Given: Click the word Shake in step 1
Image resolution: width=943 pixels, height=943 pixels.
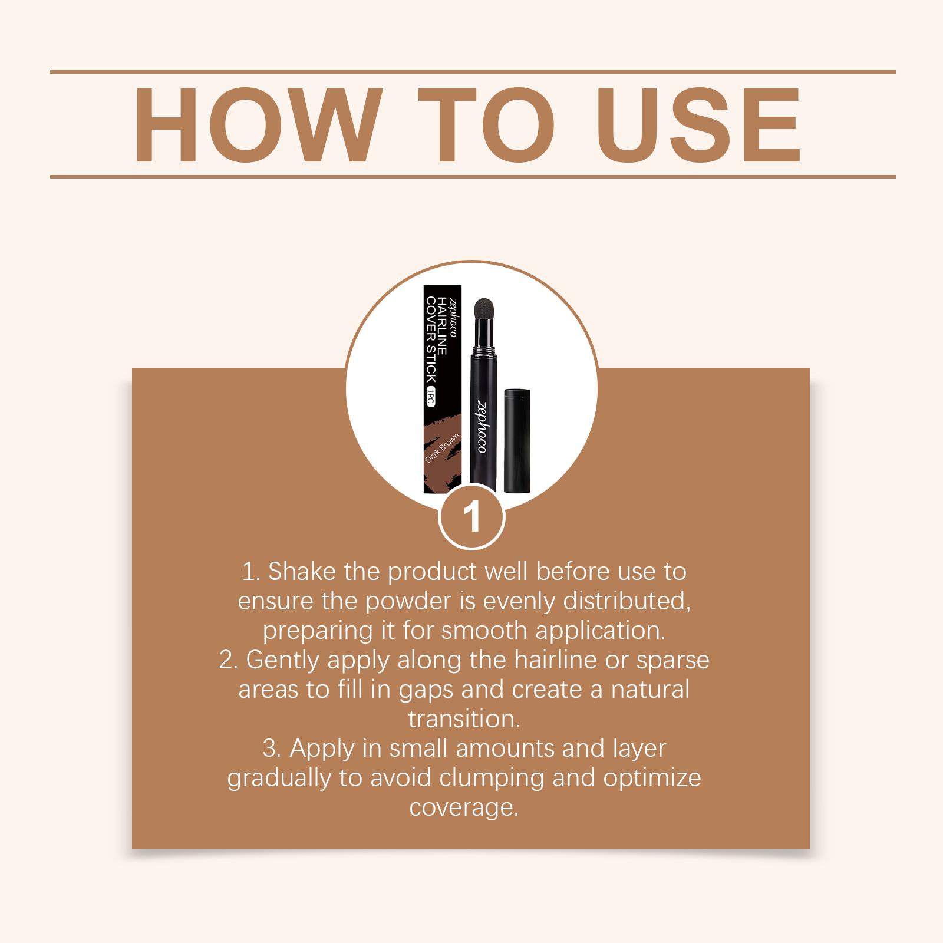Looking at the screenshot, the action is (302, 571).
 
